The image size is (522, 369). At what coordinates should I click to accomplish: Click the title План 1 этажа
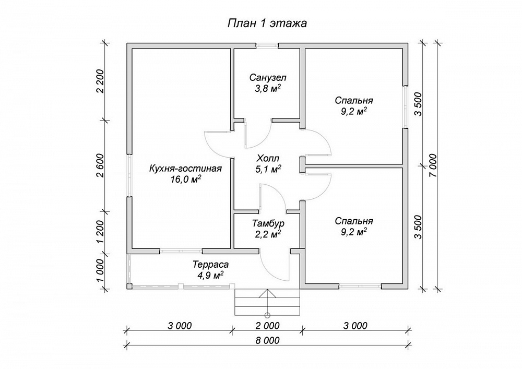[x=267, y=23]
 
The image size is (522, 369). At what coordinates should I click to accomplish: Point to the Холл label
[x=268, y=158]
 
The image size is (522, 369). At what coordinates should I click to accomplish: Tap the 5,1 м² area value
[x=268, y=169]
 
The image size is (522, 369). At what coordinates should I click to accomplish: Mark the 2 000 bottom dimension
[x=267, y=326]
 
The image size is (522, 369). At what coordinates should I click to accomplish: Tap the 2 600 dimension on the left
[x=101, y=165]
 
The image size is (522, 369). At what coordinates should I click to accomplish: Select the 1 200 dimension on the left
[x=101, y=232]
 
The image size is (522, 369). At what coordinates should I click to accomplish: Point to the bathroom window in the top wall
[x=267, y=46]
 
